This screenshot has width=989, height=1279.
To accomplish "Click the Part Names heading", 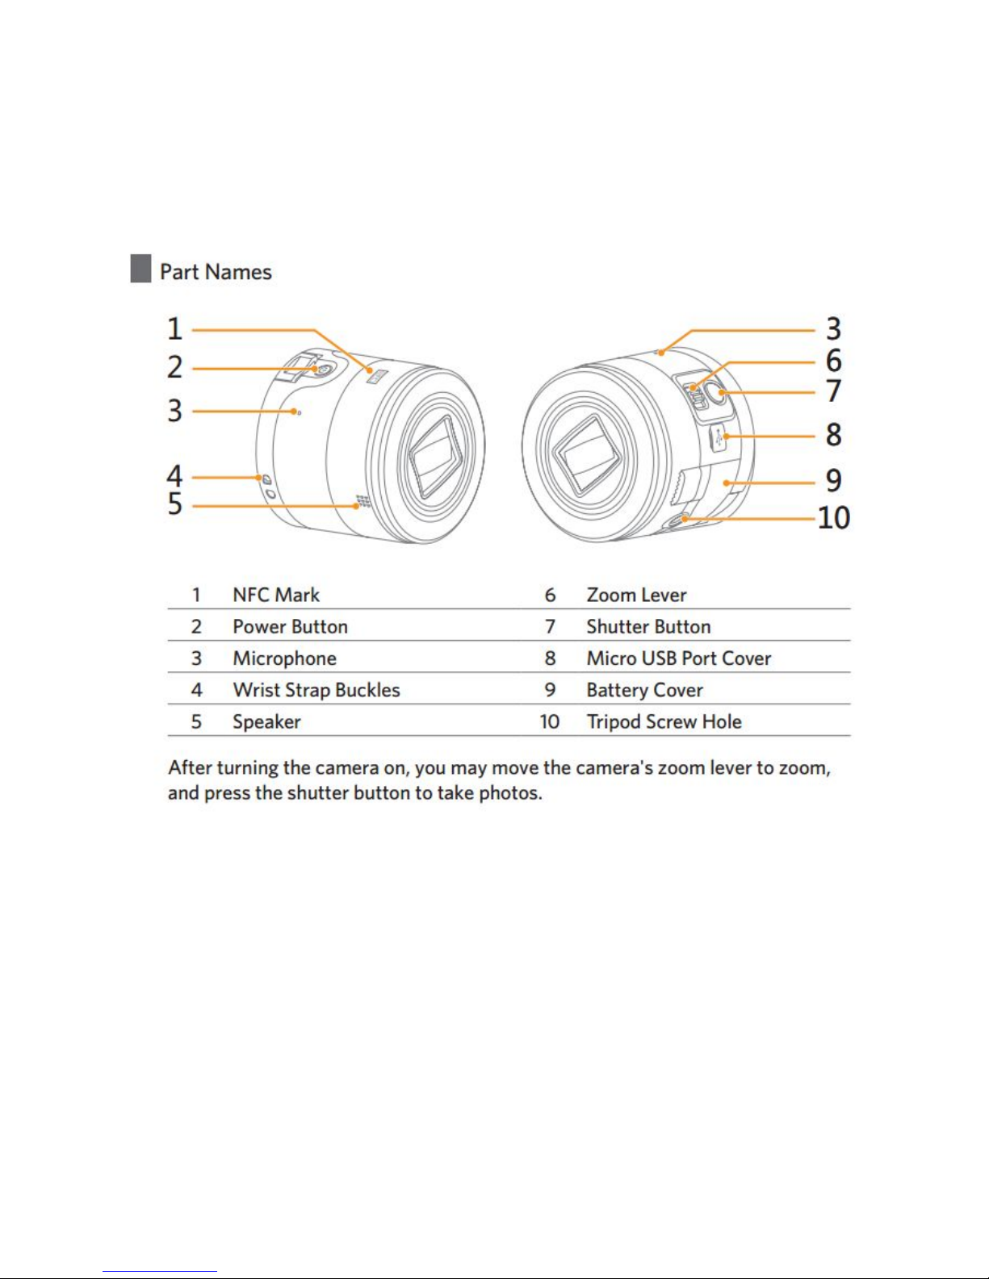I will [216, 272].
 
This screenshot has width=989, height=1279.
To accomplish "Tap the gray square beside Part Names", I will [140, 269].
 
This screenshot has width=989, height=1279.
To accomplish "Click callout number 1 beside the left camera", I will [174, 329].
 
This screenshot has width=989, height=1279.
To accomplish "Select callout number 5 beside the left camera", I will [175, 504].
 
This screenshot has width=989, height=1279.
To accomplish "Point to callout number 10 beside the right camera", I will [833, 517].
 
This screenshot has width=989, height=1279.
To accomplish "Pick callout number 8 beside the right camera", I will [833, 435].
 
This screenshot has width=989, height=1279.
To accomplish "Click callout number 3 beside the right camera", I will [833, 329].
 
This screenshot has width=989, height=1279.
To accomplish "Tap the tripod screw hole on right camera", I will [682, 520].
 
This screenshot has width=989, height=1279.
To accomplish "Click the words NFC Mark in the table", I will [276, 596].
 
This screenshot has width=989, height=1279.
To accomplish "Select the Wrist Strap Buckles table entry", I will [316, 691].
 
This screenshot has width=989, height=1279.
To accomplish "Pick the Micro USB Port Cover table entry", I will [678, 658].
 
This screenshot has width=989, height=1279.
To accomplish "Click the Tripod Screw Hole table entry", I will [664, 722].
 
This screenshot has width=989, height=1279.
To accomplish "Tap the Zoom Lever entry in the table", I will [636, 596].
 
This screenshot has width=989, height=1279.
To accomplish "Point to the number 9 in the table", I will [550, 691].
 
